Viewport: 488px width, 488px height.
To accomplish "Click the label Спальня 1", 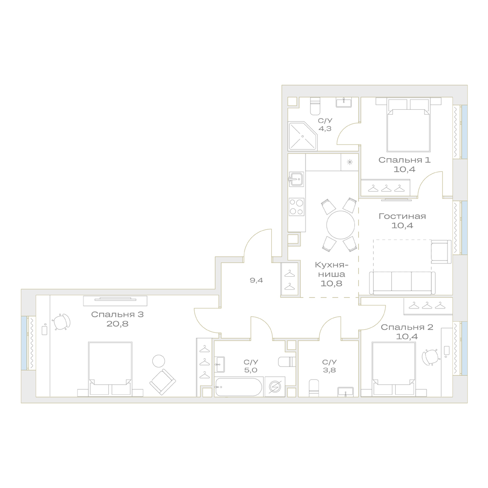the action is pos(404,160).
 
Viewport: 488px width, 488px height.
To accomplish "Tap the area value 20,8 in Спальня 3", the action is pos(117,324).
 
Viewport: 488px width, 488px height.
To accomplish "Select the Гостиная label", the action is pos(402,216).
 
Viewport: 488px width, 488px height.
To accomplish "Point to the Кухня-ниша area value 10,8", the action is pos(331,284).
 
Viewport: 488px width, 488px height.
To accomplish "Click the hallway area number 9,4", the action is pos(257,281).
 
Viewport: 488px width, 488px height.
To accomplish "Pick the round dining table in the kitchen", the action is pos(341,224).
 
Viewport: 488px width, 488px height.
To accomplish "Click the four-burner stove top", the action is pos(296,207).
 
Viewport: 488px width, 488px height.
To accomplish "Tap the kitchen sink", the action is pos(296,179).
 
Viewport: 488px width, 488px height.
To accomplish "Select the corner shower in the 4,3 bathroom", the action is pos(303,136).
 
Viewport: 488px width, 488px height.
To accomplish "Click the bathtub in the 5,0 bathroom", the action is pos(239,387).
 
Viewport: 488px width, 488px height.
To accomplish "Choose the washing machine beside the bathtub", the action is pos(275,387).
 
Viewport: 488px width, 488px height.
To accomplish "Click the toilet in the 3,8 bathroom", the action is pos(314,388).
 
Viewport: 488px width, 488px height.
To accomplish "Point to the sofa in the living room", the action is pos(402,283).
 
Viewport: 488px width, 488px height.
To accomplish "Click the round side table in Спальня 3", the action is pos(159,361).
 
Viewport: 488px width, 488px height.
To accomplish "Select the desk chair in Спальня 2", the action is pos(430,357).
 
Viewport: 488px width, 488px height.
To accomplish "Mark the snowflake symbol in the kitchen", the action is pos(350,162).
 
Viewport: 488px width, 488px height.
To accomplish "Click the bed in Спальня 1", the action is pos(408,124).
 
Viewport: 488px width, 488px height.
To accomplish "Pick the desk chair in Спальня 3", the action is pos(61,322).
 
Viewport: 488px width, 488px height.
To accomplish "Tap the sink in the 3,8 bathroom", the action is pos(346,392).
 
